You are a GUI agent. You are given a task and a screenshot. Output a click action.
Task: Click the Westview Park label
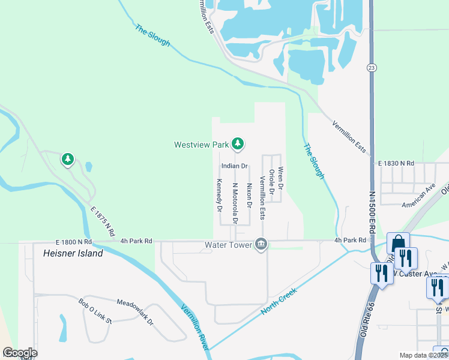pyautogui.click(x=202, y=145)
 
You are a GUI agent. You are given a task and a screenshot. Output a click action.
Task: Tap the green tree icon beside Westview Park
pyautogui.click(x=238, y=143)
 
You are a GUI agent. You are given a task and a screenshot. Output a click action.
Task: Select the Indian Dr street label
pyautogui.click(x=234, y=166)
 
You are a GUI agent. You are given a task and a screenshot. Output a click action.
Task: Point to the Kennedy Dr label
pyautogui.click(x=219, y=196)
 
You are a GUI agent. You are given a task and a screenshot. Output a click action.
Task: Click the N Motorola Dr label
pyautogui.click(x=235, y=203)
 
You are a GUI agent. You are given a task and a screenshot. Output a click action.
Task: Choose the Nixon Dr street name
pyautogui.click(x=249, y=196)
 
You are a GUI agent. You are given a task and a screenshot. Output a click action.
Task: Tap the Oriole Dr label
pyautogui.click(x=272, y=182)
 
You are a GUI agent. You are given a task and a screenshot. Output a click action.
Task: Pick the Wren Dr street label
pyautogui.click(x=280, y=180)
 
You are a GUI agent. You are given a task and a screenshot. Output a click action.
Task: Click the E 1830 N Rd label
pyautogui.click(x=396, y=163)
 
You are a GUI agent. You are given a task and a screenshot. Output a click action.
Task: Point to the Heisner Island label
pyautogui.click(x=73, y=253)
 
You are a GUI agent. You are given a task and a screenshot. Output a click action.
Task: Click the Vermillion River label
pyautogui.click(x=196, y=327)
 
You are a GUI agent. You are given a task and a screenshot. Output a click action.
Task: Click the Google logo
pyautogui.click(x=20, y=353)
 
